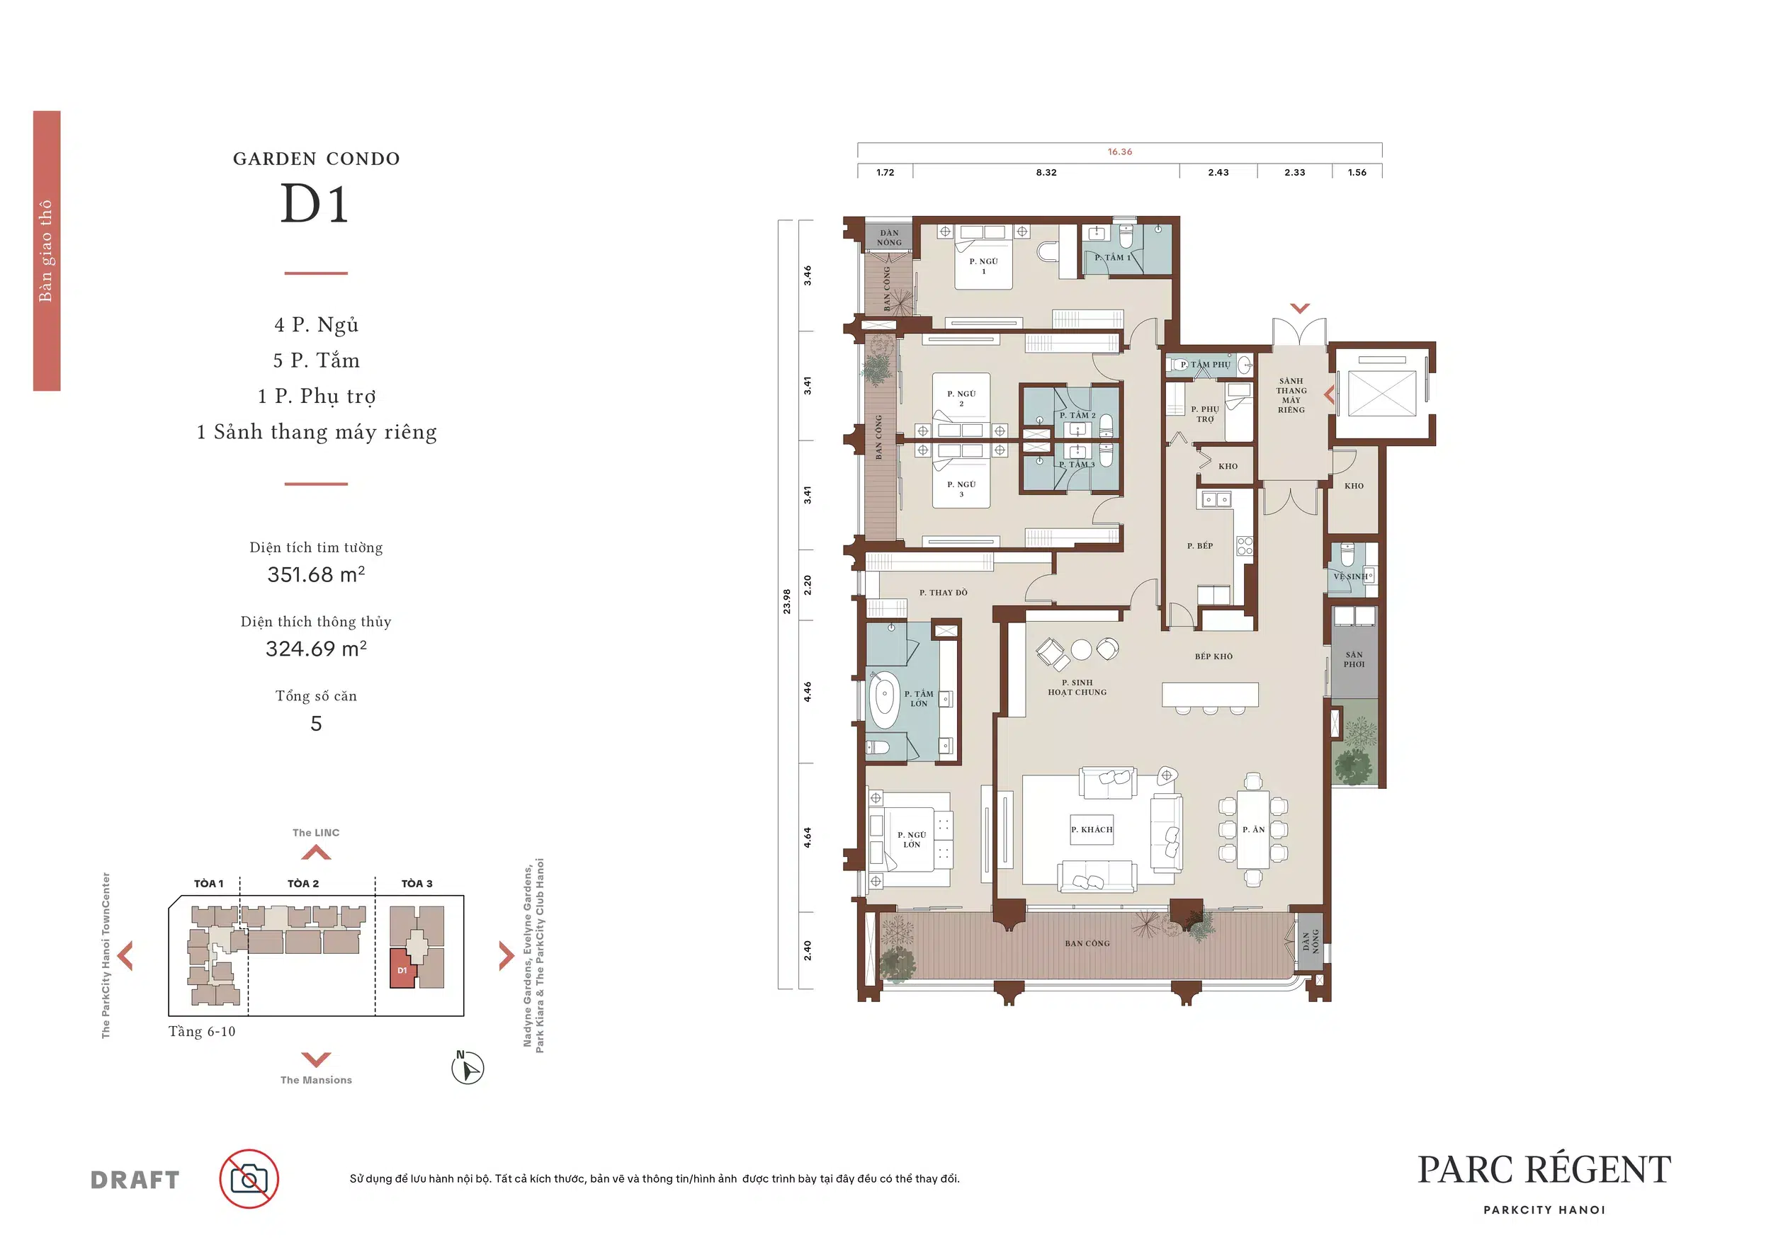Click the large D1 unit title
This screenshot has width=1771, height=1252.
(x=315, y=204)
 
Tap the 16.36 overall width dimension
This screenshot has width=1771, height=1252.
(x=1119, y=152)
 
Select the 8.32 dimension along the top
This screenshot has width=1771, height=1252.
(x=1046, y=173)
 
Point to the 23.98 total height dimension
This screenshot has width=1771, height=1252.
(x=787, y=601)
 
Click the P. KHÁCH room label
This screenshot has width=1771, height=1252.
(x=1092, y=829)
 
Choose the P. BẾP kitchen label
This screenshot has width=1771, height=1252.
(x=1199, y=546)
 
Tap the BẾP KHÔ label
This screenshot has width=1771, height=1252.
(x=1213, y=657)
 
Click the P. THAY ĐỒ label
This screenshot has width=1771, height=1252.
(x=943, y=593)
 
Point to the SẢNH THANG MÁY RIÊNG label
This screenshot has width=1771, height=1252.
(x=1291, y=395)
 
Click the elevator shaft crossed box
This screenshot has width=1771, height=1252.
(x=1381, y=393)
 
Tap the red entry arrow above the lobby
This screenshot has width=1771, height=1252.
(x=1300, y=308)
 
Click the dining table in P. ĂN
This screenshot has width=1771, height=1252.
(x=1252, y=829)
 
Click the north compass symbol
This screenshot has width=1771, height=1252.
(x=468, y=1068)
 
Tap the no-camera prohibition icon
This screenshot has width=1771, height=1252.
(x=249, y=1179)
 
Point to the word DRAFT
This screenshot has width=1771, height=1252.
(x=135, y=1180)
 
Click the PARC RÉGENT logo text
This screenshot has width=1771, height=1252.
(x=1544, y=1170)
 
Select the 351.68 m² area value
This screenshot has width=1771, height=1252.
(x=316, y=574)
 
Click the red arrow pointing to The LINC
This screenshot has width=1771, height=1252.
(x=316, y=852)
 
